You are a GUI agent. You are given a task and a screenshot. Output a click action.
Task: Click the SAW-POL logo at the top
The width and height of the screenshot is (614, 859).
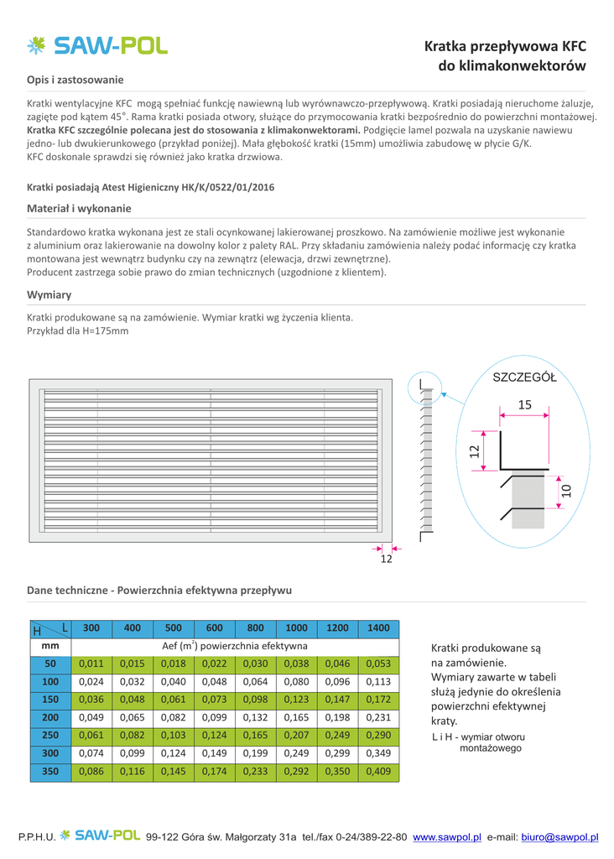tap(97, 45)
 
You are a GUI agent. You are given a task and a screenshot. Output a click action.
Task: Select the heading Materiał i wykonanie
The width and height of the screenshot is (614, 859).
tap(79, 208)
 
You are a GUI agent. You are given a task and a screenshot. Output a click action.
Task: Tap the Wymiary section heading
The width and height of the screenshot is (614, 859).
tap(49, 294)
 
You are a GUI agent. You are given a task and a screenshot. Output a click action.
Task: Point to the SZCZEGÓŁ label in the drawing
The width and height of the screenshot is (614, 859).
tap(524, 377)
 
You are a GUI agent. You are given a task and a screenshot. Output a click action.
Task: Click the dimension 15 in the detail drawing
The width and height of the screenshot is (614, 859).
tap(525, 405)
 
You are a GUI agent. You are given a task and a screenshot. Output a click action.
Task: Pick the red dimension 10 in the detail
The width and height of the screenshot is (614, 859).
tap(566, 491)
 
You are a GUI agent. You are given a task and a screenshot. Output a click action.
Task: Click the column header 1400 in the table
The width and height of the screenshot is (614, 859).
tap(378, 627)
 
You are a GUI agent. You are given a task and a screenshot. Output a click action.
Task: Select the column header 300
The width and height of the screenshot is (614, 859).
tap(91, 627)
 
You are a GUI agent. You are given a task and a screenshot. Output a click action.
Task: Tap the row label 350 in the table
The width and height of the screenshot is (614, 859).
tap(50, 771)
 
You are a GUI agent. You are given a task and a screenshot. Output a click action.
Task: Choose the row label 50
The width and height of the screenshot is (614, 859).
tap(50, 664)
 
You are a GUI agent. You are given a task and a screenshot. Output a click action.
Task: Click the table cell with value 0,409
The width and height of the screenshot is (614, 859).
tap(378, 771)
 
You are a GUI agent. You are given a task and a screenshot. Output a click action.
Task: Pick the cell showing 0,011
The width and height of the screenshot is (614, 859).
tap(91, 664)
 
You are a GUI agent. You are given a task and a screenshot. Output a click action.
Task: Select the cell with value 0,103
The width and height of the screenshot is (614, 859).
tap(174, 735)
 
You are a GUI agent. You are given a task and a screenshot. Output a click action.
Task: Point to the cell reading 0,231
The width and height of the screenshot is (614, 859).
tap(378, 717)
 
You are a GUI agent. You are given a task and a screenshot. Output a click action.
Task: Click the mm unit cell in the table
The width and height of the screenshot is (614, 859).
tap(50, 646)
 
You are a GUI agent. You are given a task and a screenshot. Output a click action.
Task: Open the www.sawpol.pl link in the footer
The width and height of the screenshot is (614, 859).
tap(447, 837)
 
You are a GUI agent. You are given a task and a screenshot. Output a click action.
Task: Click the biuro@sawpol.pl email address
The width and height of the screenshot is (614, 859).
tap(559, 837)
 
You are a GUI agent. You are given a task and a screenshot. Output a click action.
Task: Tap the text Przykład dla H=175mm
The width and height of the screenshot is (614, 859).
tap(78, 331)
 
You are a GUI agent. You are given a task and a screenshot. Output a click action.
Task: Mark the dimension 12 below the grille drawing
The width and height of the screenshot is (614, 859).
tap(386, 560)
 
